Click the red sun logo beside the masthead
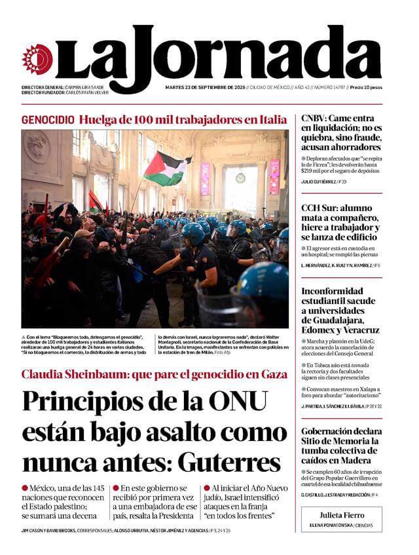click(x=37, y=59)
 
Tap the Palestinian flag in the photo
click(x=165, y=168)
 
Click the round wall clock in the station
click(x=240, y=178)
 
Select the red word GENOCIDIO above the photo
click(x=47, y=120)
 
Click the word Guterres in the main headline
click(x=228, y=462)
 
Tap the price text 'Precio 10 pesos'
click(x=366, y=87)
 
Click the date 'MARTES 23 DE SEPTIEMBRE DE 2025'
click(x=205, y=87)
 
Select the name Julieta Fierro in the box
click(x=342, y=515)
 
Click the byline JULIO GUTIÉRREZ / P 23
click(x=324, y=182)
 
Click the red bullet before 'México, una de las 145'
click(x=25, y=488)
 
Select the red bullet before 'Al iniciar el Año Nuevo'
click(x=206, y=488)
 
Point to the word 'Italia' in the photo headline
click(x=272, y=120)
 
